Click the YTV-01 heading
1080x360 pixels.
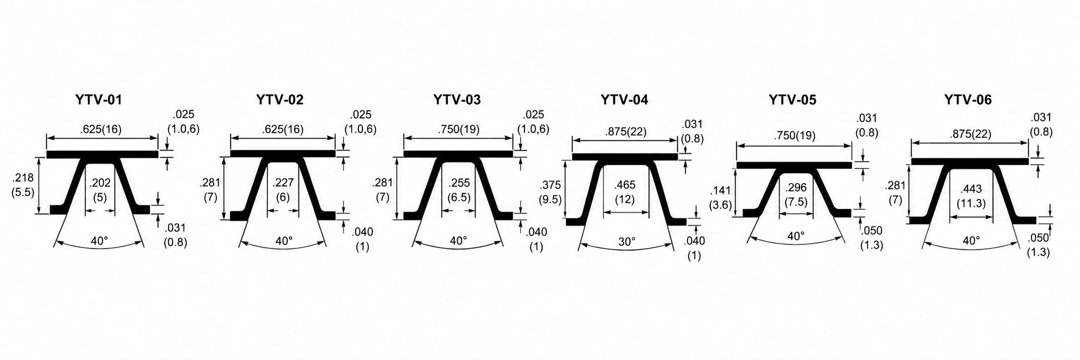click(x=98, y=100)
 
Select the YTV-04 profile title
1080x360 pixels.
click(x=624, y=100)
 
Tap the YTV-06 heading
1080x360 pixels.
click(x=968, y=100)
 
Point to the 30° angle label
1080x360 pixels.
click(x=627, y=242)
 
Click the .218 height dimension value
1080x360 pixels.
click(x=22, y=177)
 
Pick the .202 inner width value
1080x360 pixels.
click(x=100, y=183)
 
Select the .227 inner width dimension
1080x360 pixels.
click(x=283, y=182)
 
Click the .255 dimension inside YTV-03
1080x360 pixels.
click(x=459, y=182)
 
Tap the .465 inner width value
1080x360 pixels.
click(x=625, y=185)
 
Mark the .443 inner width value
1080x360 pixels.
click(x=971, y=188)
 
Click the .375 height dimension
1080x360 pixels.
click(x=550, y=185)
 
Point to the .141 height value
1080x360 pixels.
click(x=720, y=191)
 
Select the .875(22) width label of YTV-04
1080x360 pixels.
click(x=626, y=132)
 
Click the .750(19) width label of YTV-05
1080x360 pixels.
click(x=794, y=135)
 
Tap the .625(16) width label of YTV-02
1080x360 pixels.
click(x=282, y=129)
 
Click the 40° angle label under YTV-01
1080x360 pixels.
click(x=99, y=241)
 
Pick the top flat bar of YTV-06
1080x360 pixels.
click(x=970, y=161)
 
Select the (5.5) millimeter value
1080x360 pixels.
click(x=22, y=191)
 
